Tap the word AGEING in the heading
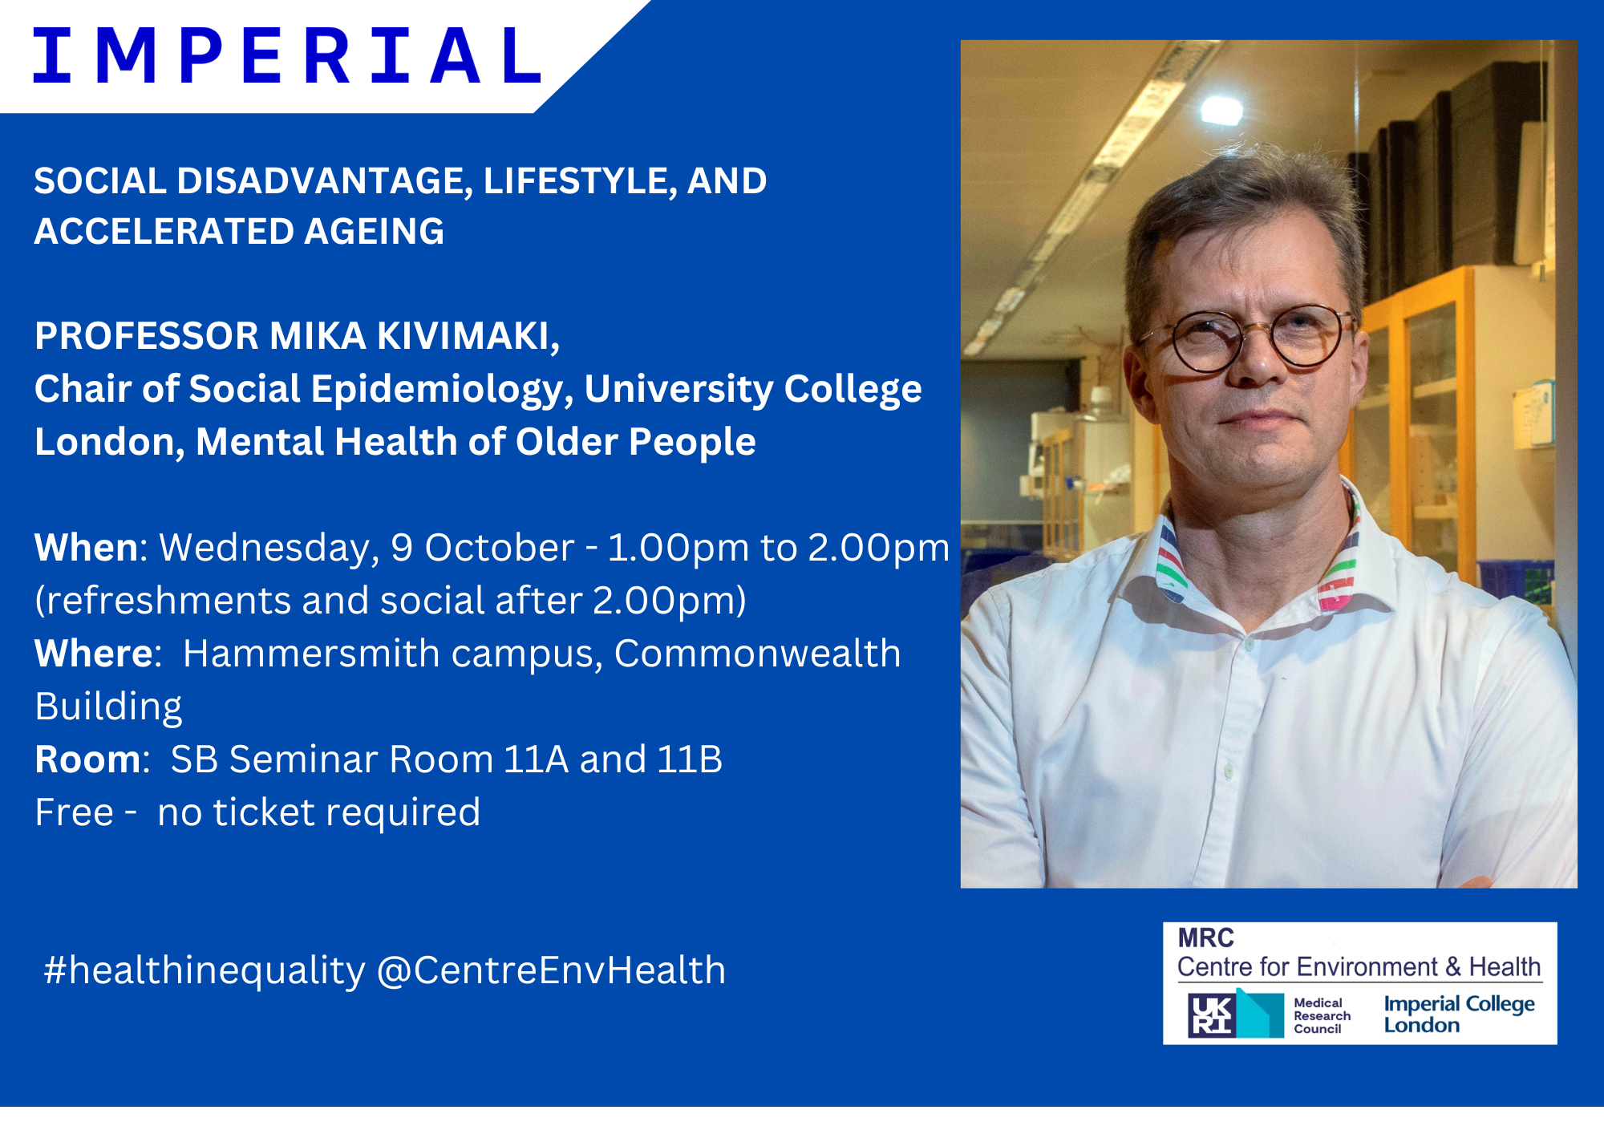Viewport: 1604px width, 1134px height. click(374, 232)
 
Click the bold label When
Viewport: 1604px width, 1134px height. click(87, 548)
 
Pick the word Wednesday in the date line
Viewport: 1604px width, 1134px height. click(265, 549)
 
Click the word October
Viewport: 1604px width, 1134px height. click(499, 548)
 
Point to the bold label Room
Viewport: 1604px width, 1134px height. click(87, 759)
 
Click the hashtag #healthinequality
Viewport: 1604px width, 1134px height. click(205, 971)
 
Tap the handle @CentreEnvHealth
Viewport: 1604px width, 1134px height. click(551, 970)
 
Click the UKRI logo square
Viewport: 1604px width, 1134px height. click(1212, 1015)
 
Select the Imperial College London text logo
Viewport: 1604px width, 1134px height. click(1459, 1015)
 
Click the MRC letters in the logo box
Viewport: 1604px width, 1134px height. click(1205, 938)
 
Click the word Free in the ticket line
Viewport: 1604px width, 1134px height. click(74, 812)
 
